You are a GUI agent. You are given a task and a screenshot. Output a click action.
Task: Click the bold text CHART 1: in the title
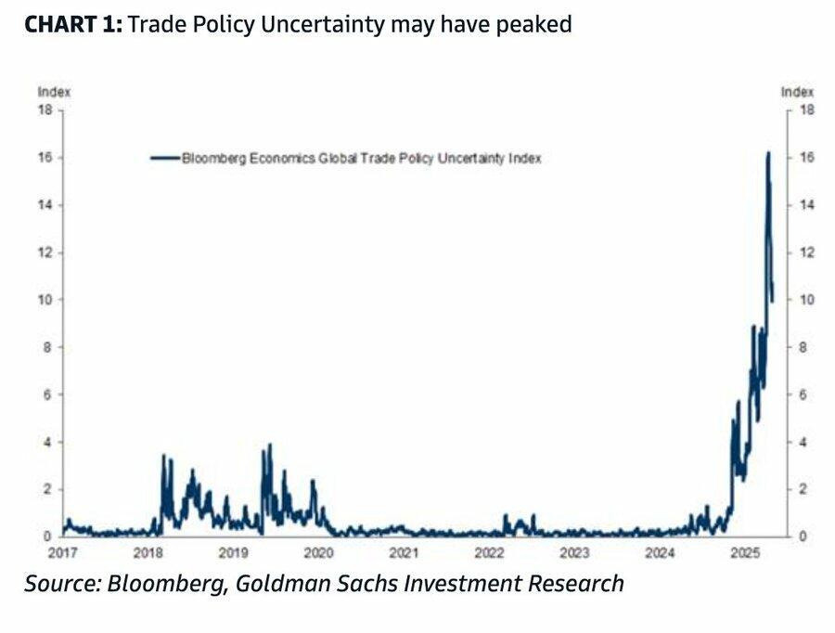tap(72, 25)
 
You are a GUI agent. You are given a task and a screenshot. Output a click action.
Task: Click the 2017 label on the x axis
tap(62, 554)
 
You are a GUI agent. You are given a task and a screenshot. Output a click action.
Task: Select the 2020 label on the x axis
tap(318, 554)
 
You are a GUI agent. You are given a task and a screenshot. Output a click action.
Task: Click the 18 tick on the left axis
tap(44, 110)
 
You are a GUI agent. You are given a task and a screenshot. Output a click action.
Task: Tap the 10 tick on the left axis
tap(44, 300)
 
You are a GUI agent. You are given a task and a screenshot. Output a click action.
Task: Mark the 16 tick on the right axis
tap(806, 158)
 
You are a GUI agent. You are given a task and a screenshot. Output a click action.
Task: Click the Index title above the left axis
tap(54, 92)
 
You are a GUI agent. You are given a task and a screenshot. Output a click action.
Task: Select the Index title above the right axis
tap(797, 92)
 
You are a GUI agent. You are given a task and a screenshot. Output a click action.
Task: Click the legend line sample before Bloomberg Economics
tap(164, 159)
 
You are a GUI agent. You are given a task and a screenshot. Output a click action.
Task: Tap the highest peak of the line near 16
tap(768, 153)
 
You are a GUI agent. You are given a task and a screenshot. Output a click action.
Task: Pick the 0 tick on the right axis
tap(803, 536)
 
